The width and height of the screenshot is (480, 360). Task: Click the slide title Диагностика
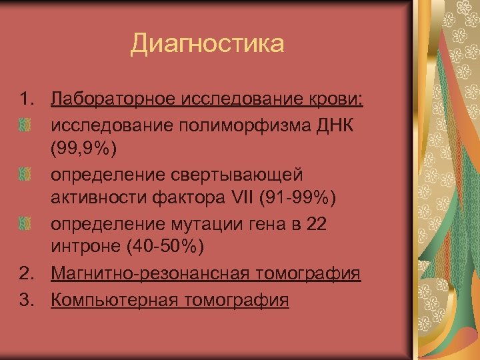point(207,45)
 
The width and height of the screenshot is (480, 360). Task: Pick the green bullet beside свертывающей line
point(25,175)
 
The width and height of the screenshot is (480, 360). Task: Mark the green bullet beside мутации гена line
point(25,225)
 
